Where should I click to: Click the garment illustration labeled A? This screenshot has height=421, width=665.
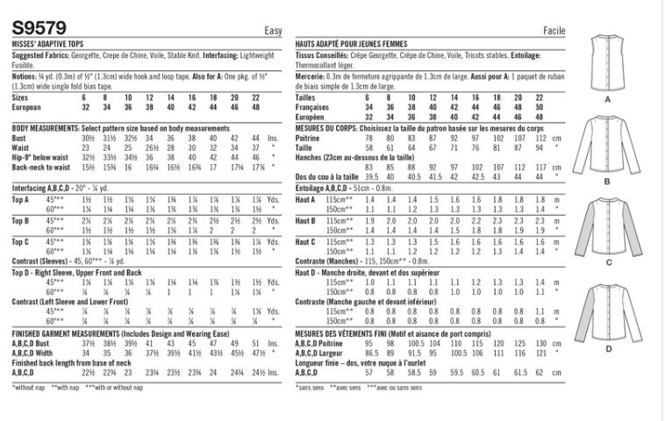pos(607,62)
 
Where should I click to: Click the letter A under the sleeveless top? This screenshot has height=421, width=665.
pos(607,100)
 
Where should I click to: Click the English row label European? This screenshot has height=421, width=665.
pos(29,108)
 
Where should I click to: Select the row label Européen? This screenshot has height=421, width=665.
pos(311,116)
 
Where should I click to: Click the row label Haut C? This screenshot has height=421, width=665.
pos(306,240)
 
